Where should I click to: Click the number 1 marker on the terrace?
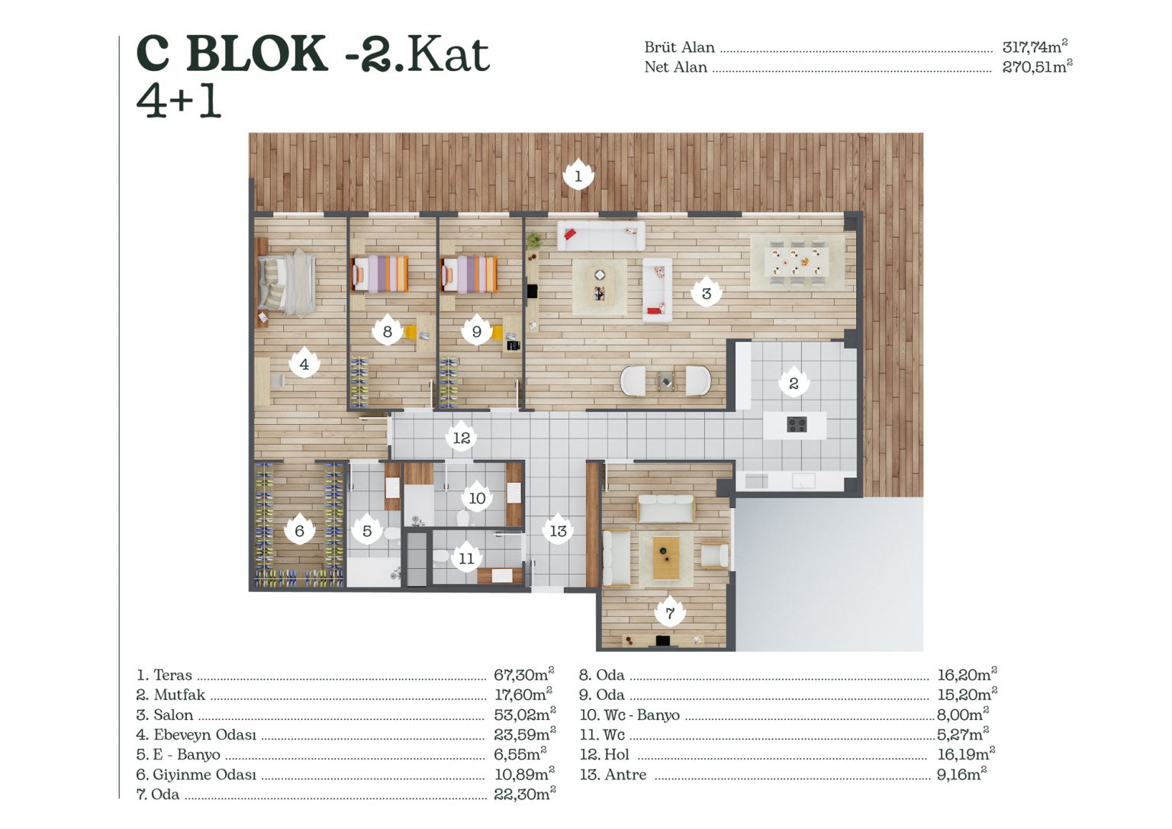click(x=578, y=175)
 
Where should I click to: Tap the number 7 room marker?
click(x=670, y=611)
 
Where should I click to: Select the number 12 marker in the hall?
click(x=461, y=436)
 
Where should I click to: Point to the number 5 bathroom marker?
click(x=367, y=530)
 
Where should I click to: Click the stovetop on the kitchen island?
click(x=797, y=424)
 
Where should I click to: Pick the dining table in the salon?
click(x=797, y=262)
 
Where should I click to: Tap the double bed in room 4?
click(x=287, y=282)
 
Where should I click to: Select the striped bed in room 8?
click(x=380, y=274)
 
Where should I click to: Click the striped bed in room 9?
click(x=469, y=274)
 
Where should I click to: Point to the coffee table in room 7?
click(x=666, y=557)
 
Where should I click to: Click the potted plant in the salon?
click(x=534, y=240)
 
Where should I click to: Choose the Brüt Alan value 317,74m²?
click(x=1035, y=47)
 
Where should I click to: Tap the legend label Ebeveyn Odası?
click(x=204, y=734)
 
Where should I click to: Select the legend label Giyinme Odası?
click(x=204, y=774)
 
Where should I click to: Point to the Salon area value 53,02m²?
click(x=525, y=714)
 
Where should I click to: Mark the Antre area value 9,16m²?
click(x=961, y=773)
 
